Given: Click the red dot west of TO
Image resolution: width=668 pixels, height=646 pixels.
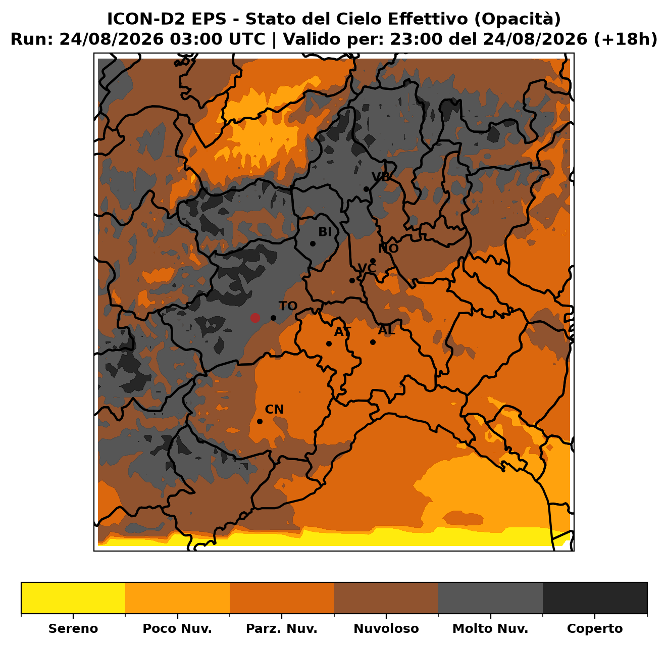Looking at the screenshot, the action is click(255, 318).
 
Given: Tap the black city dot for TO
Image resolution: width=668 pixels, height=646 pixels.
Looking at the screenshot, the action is click(273, 318).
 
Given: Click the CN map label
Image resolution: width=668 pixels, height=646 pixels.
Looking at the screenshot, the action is click(274, 410).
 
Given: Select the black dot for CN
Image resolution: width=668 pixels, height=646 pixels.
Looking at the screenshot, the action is click(260, 421).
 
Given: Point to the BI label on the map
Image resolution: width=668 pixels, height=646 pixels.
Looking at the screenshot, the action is click(325, 232).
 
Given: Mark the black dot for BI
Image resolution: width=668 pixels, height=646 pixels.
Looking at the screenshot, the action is click(313, 244).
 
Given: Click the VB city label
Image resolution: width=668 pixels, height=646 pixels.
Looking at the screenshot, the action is click(381, 177).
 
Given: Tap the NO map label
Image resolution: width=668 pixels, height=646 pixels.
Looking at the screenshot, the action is click(388, 249).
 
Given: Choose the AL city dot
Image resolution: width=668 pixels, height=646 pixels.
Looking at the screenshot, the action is click(373, 342).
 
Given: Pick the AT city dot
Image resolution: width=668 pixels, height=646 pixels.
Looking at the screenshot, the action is click(329, 344).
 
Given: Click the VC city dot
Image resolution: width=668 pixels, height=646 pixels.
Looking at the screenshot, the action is click(352, 281).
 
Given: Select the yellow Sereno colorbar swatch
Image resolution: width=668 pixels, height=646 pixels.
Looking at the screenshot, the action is click(73, 598).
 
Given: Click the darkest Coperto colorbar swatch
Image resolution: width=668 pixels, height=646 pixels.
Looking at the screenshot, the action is click(595, 598).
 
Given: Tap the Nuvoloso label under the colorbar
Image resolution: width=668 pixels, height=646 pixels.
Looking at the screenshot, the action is click(386, 629).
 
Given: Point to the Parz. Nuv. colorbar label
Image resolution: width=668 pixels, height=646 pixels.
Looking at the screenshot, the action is click(281, 629).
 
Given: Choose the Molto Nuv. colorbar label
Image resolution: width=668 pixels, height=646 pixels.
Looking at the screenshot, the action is click(490, 629).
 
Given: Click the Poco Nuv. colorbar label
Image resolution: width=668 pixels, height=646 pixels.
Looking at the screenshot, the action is click(177, 629).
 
